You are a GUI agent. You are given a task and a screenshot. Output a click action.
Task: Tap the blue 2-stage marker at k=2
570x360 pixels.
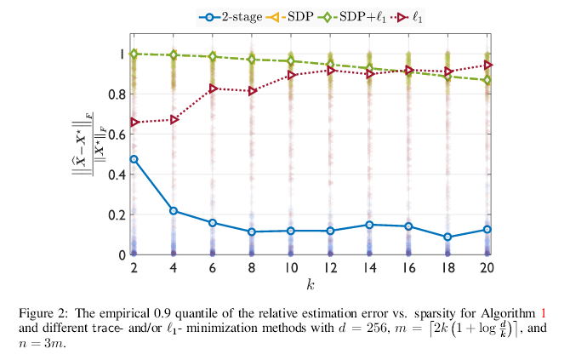tap(134, 159)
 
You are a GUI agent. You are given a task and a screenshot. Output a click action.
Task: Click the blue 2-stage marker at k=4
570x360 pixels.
tap(173, 211)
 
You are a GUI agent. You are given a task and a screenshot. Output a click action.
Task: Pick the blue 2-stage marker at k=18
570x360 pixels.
tap(447, 237)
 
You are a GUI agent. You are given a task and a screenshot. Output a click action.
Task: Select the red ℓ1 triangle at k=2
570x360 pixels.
tap(134, 123)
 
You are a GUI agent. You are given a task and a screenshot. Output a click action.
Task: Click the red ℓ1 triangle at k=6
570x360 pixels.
tap(213, 89)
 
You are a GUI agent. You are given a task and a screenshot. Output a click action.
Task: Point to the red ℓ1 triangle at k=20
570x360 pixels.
tap(487, 65)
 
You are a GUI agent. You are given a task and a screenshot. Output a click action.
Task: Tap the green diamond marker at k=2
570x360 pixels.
tap(134, 54)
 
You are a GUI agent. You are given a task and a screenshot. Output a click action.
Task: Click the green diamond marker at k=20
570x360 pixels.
tap(487, 80)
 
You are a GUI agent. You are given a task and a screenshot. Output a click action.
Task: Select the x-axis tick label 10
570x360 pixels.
tap(290, 268)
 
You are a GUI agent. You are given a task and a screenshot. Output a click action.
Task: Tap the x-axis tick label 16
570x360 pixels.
tap(408, 268)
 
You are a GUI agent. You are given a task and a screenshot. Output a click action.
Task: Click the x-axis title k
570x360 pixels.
tap(310, 283)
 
